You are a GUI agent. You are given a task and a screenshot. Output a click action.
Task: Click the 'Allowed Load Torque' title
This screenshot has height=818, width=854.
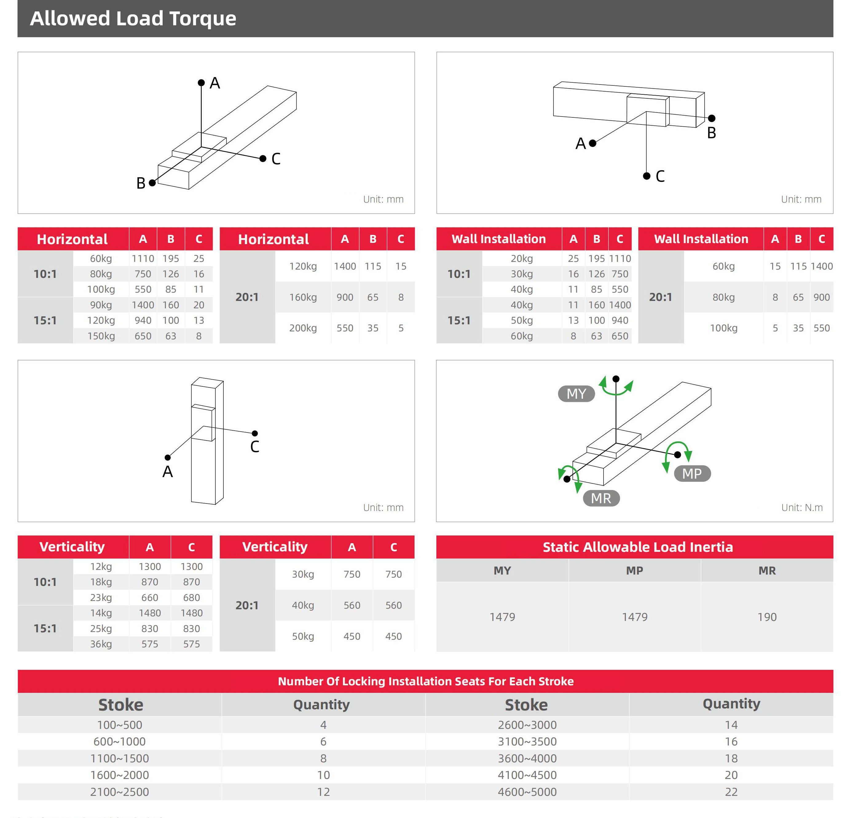(x=133, y=19)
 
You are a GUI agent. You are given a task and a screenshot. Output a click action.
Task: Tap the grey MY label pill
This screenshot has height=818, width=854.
(x=576, y=393)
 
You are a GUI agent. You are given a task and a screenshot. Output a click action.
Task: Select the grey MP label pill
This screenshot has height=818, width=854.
(x=692, y=473)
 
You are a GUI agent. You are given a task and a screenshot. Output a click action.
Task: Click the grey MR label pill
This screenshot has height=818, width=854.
(x=601, y=498)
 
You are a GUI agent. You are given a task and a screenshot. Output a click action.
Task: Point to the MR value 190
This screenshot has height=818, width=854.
(x=767, y=617)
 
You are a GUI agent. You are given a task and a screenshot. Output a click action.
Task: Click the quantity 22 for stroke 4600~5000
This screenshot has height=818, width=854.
(x=731, y=792)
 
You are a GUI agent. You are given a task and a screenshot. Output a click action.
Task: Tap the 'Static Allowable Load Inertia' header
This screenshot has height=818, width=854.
(x=637, y=547)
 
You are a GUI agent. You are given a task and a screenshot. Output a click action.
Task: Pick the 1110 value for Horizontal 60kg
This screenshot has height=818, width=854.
(x=143, y=259)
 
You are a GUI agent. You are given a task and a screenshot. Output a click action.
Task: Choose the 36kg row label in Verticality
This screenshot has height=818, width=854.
(x=101, y=644)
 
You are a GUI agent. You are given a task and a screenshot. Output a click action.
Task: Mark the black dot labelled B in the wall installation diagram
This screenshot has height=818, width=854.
(x=711, y=118)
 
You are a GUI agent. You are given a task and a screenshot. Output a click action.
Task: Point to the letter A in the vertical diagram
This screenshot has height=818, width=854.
(x=168, y=472)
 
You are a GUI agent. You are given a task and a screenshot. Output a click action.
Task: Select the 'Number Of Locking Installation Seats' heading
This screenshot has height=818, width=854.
(x=426, y=681)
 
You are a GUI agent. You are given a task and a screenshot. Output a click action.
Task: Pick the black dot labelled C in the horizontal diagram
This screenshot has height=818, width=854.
(x=263, y=159)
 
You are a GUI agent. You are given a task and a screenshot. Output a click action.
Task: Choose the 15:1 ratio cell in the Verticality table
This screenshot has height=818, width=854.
(x=45, y=628)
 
